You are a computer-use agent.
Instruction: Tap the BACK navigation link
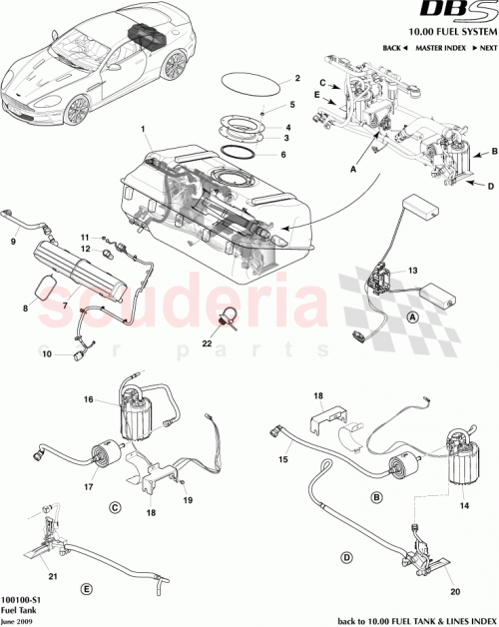(x=395, y=48)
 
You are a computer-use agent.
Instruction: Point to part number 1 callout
(x=143, y=130)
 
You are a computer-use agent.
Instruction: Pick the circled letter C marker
(x=115, y=507)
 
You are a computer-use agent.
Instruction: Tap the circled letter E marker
(x=87, y=590)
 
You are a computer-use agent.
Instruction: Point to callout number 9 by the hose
(x=14, y=241)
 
